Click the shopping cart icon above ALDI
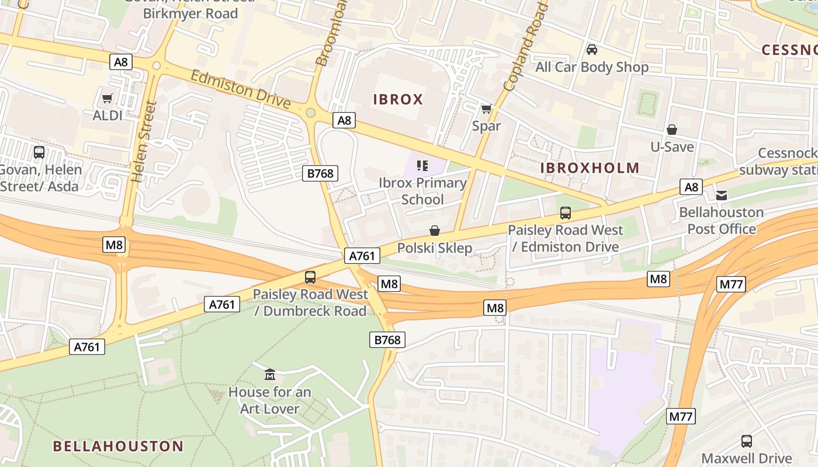107,98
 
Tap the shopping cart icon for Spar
486,109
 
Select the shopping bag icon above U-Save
672,129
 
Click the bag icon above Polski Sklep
435,231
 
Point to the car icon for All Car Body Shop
592,50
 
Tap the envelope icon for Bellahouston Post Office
722,195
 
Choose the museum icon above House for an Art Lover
270,374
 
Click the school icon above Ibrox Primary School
422,166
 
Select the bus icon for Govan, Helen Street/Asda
39,152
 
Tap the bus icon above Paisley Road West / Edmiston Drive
566,213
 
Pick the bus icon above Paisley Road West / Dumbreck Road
310,277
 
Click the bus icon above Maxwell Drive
747,441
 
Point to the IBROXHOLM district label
590,168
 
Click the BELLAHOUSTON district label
118,447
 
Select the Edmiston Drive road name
241,89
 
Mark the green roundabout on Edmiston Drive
311,112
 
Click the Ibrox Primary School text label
422,191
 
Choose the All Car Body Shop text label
592,67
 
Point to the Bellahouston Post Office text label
721,220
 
